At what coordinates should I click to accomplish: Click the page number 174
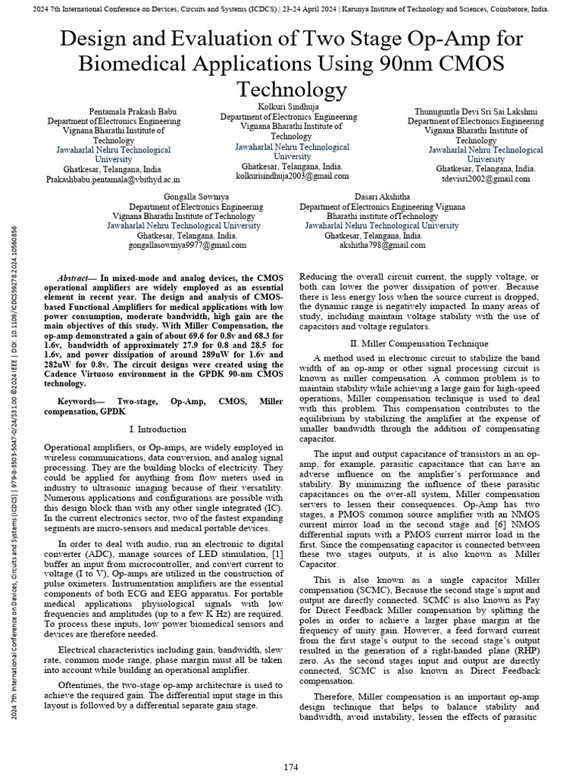point(291,767)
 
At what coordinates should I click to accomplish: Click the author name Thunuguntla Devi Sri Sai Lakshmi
point(475,111)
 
